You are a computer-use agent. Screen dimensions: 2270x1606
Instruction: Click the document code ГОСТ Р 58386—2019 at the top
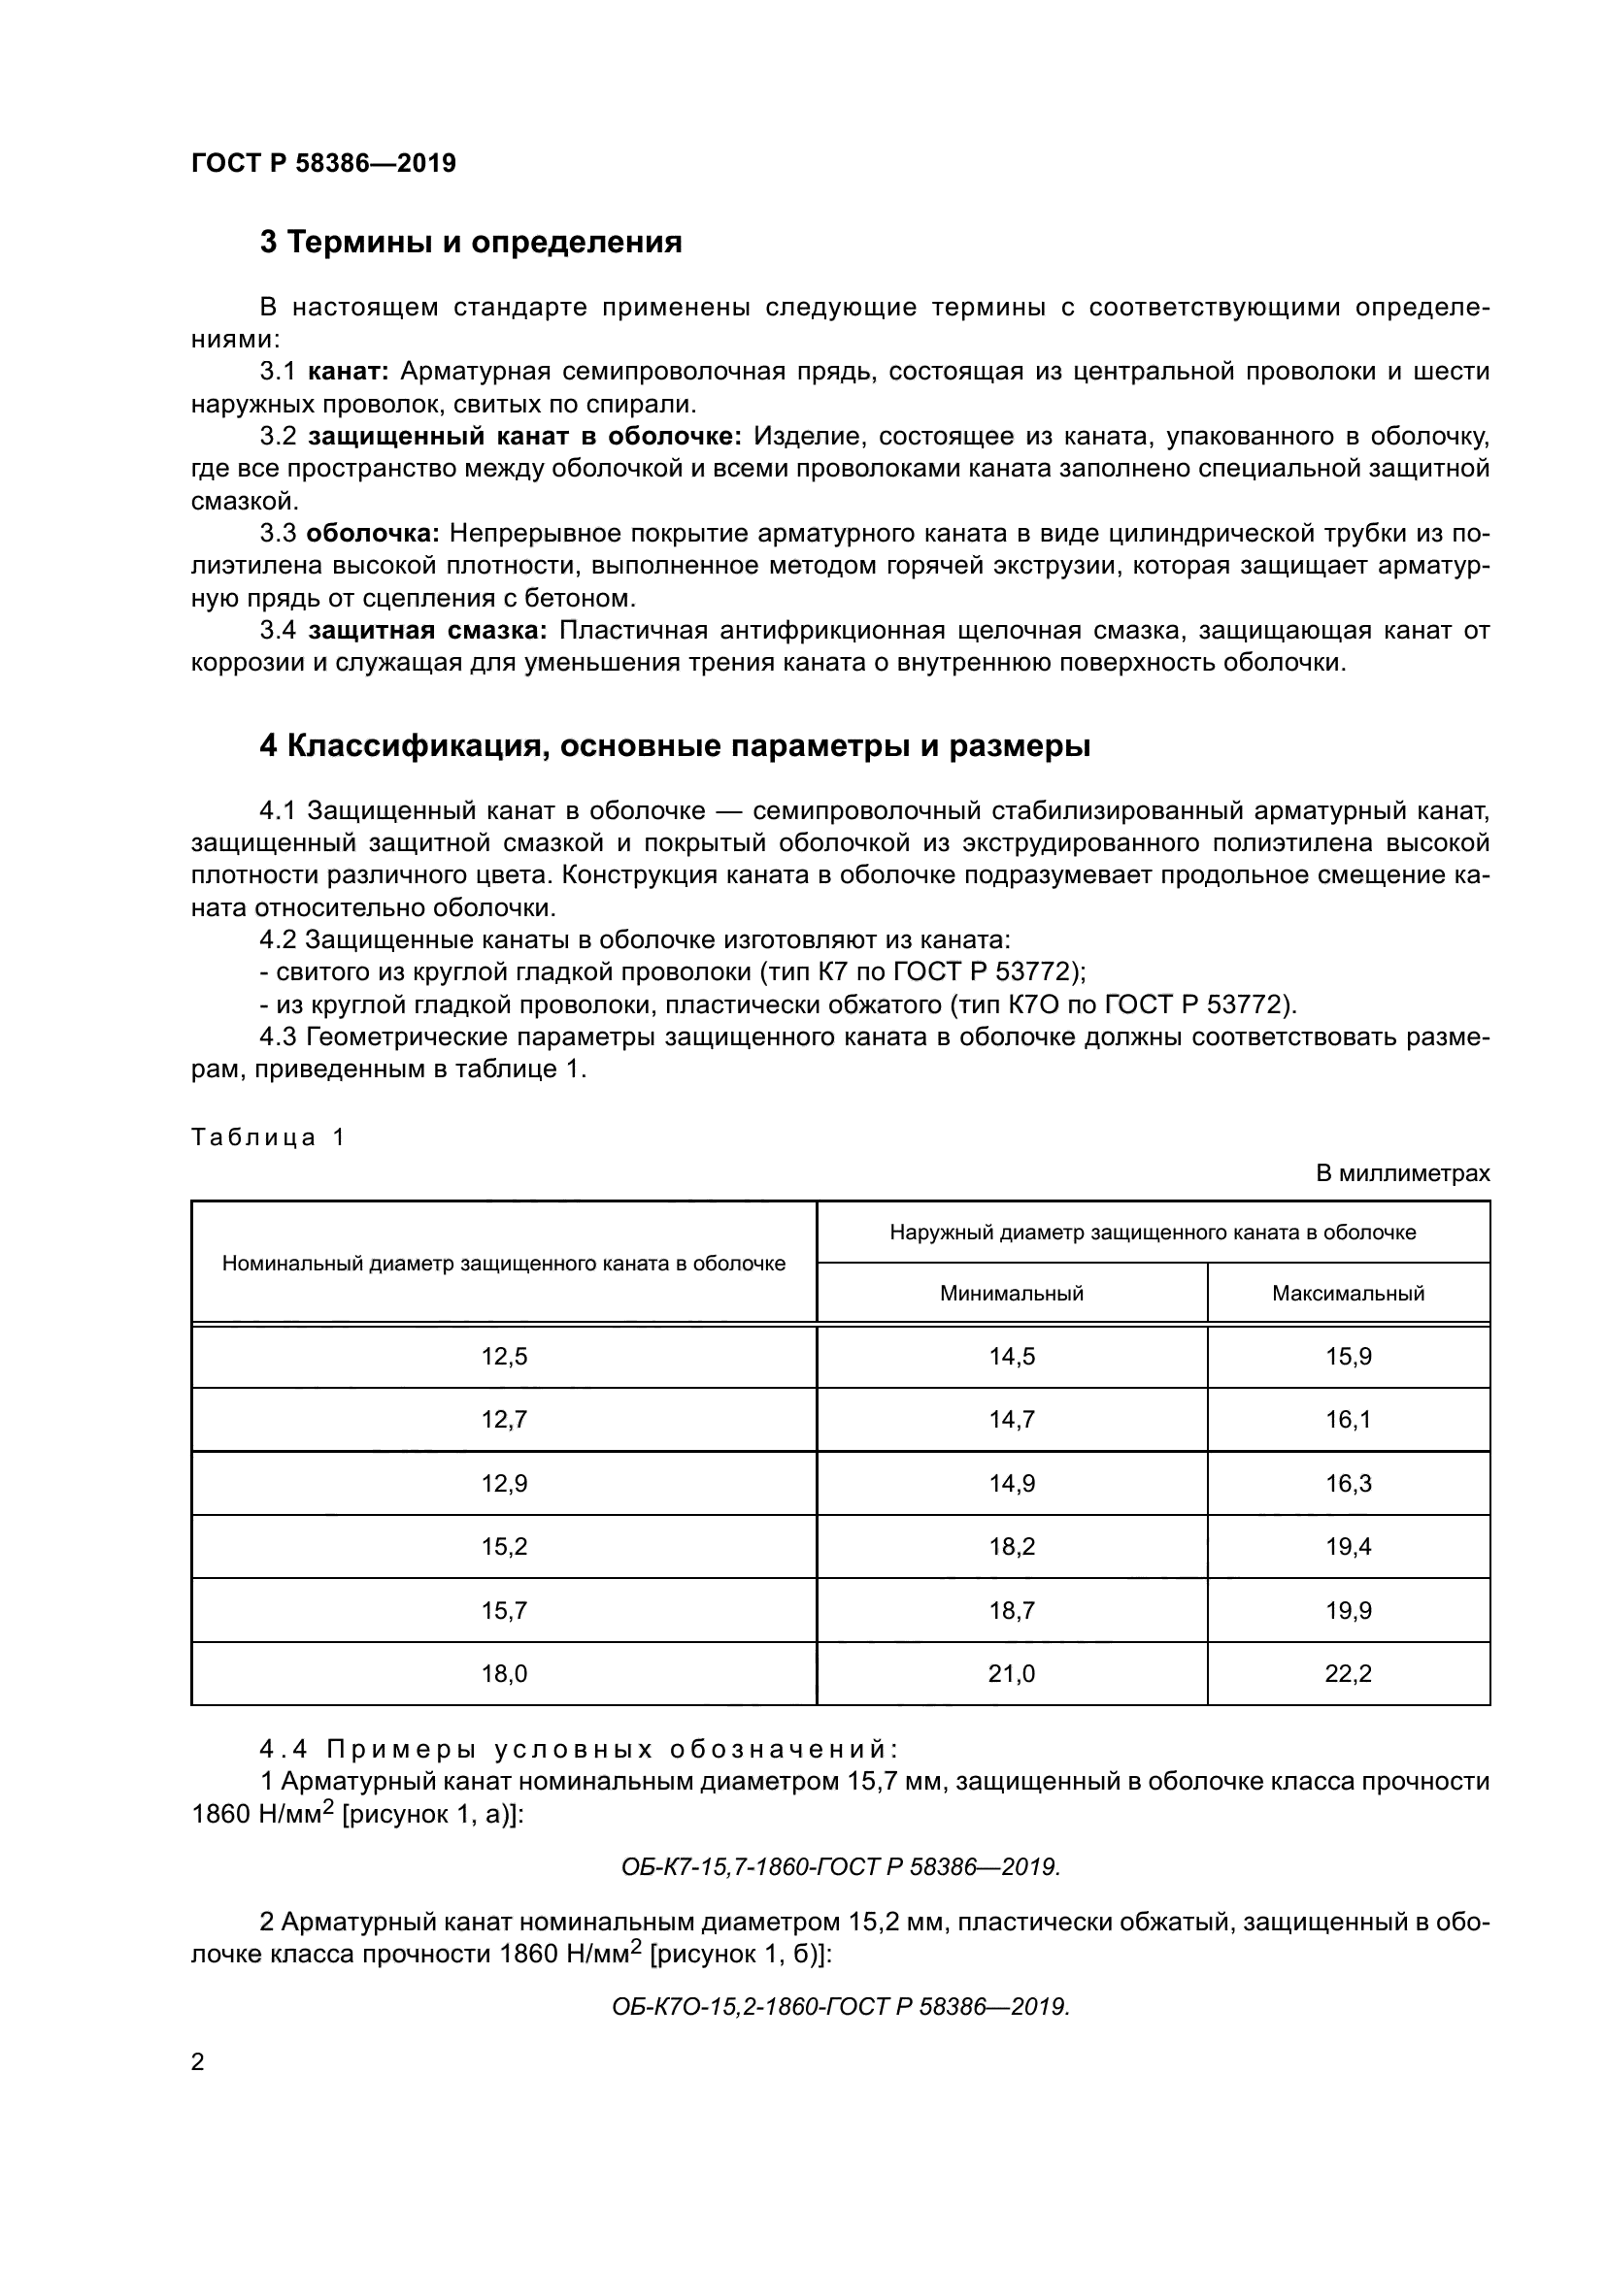pyautogui.click(x=323, y=164)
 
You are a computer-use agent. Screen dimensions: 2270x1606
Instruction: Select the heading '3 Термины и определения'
pyautogui.click(x=471, y=243)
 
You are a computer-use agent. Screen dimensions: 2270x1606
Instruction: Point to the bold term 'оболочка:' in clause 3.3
pyautogui.click(x=373, y=534)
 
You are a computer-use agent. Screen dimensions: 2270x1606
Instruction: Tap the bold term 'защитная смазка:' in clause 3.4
pyautogui.click(x=427, y=631)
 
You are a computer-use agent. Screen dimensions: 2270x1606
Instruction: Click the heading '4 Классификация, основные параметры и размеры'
pyautogui.click(x=675, y=745)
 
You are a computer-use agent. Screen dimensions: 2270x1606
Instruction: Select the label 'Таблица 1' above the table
pyautogui.click(x=267, y=1137)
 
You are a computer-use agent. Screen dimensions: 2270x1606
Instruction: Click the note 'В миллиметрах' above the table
pyautogui.click(x=1402, y=1173)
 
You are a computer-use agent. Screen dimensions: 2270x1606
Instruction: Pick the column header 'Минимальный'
pyautogui.click(x=1012, y=1293)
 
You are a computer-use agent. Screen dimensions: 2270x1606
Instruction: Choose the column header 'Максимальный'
pyautogui.click(x=1348, y=1293)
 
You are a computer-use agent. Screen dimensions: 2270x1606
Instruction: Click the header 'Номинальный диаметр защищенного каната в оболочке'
pyautogui.click(x=503, y=1263)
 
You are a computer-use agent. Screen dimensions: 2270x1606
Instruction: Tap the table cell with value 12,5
pyautogui.click(x=504, y=1357)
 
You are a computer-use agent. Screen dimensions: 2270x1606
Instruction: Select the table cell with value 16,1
pyautogui.click(x=1348, y=1420)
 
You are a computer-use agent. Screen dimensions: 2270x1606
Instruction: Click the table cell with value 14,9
pyautogui.click(x=1012, y=1483)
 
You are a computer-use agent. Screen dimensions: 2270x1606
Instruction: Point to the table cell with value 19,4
pyautogui.click(x=1348, y=1546)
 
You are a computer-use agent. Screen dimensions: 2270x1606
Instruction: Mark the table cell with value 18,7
pyautogui.click(x=1012, y=1611)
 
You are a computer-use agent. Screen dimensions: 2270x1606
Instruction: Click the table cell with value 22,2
pyautogui.click(x=1348, y=1674)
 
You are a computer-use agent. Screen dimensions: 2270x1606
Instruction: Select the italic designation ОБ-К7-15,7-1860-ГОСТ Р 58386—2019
pyautogui.click(x=841, y=1866)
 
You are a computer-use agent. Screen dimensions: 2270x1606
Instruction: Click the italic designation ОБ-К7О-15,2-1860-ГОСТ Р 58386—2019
pyautogui.click(x=841, y=2007)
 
